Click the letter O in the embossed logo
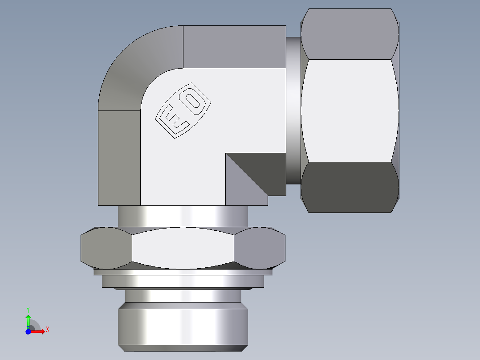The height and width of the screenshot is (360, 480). pyautogui.click(x=193, y=101)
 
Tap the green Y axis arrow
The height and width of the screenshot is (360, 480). pyautogui.click(x=28, y=320)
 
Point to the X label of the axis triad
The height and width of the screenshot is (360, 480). pyautogui.click(x=47, y=330)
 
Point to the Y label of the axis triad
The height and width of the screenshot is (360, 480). pyautogui.click(x=28, y=309)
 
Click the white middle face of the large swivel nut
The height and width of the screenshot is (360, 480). pyautogui.click(x=350, y=110)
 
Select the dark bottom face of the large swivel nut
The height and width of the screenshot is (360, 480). pyautogui.click(x=350, y=187)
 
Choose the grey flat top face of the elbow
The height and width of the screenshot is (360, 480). pyautogui.click(x=234, y=47)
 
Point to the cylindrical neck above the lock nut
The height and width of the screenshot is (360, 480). pyautogui.click(x=183, y=216)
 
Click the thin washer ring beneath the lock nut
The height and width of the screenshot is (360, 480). pyautogui.click(x=183, y=281)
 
